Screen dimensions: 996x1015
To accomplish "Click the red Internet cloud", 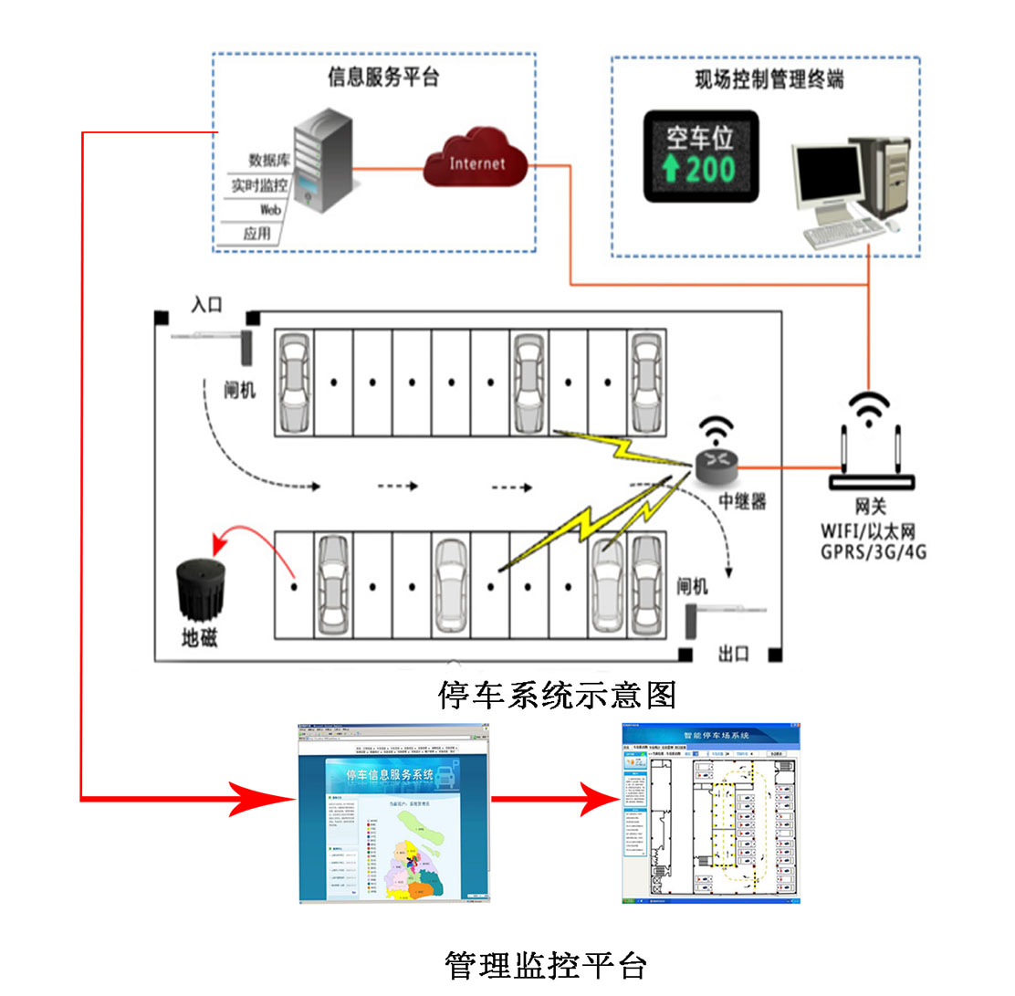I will (476, 162).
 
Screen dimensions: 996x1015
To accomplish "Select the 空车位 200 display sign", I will (700, 156).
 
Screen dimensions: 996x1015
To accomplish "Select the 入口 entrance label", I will (206, 305).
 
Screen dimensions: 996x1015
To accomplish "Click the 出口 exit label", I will (734, 654).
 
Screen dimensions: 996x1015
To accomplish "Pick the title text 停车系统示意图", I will (558, 695).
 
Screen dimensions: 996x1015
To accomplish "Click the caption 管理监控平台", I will (546, 965).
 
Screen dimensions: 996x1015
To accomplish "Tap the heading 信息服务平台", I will (383, 78).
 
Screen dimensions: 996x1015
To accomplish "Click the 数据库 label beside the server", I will (268, 161).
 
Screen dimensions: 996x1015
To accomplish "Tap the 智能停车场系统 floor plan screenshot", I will (711, 813).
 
